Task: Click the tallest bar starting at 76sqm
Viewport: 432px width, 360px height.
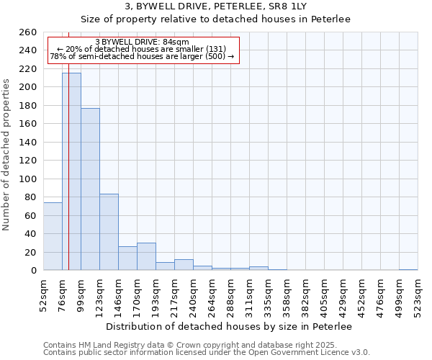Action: click(71, 171)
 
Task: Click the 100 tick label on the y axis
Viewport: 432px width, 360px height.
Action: click(27, 179)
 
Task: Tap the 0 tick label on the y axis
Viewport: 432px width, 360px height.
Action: click(33, 271)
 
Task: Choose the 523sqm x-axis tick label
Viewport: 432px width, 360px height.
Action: click(418, 295)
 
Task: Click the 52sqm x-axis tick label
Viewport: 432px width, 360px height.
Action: click(43, 295)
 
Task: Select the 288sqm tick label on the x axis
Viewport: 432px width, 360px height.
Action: click(230, 295)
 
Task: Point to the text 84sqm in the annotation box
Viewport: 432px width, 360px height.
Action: click(176, 42)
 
